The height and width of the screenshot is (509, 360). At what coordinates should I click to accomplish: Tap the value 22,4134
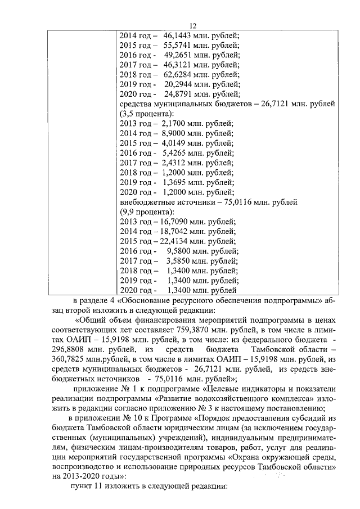(172, 242)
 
